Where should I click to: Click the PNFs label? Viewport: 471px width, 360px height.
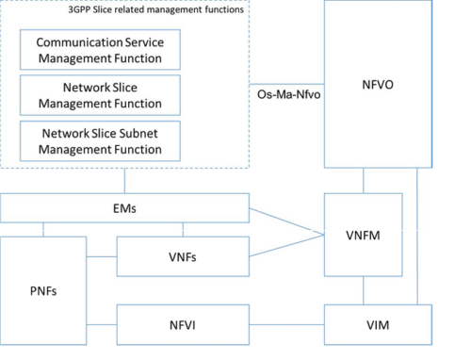43,291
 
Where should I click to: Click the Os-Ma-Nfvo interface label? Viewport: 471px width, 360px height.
284,95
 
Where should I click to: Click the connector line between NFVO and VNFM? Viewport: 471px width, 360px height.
364,181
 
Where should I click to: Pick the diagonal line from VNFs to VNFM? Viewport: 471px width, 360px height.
283,244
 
